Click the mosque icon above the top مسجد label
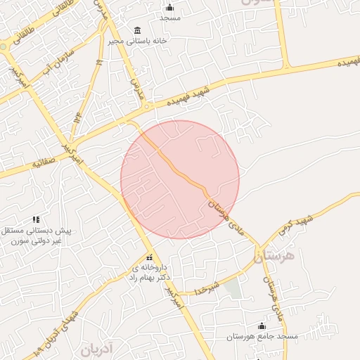pyautogui.click(x=169, y=8)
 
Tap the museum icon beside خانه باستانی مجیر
pyautogui.click(x=136, y=30)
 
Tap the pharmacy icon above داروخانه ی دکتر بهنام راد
pyautogui.click(x=148, y=257)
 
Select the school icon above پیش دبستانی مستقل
pyautogui.click(x=37, y=220)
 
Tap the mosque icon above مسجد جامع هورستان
pyautogui.click(x=262, y=326)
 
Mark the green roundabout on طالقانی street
pyautogui.click(x=3, y=47)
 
